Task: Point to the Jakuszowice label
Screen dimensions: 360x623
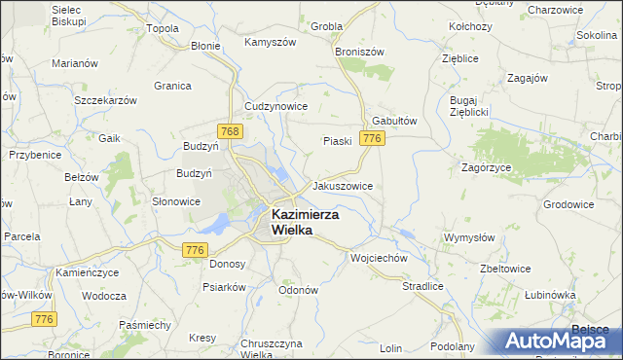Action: click(342, 185)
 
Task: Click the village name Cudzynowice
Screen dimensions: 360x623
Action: click(276, 106)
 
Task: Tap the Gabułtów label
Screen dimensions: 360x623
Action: click(394, 121)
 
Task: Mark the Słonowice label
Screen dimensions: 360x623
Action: click(176, 202)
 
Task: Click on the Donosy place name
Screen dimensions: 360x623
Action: click(227, 264)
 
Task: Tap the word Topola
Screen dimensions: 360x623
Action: click(163, 28)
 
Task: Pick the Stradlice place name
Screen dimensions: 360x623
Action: click(422, 286)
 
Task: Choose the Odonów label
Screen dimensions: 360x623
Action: click(299, 290)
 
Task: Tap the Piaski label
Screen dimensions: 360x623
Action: click(337, 141)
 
